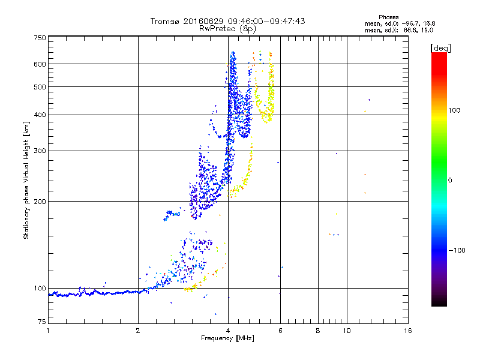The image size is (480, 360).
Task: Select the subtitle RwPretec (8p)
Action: click(227, 29)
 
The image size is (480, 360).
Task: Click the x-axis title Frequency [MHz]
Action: click(227, 338)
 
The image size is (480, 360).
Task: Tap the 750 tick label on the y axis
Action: click(40, 38)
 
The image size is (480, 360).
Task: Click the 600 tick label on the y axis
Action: click(40, 64)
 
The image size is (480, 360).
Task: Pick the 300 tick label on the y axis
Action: click(40, 151)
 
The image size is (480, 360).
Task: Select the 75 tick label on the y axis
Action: click(42, 322)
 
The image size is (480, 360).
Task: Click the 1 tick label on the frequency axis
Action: click(48, 331)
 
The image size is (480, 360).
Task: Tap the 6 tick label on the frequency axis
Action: click(280, 331)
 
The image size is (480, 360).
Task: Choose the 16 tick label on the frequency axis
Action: click(408, 331)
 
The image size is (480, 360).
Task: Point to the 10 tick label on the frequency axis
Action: click(347, 331)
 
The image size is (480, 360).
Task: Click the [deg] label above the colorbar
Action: click(440, 48)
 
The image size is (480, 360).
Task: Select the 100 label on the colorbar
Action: click(454, 110)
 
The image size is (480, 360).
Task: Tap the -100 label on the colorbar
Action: click(457, 250)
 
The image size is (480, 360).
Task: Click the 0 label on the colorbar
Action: click(450, 180)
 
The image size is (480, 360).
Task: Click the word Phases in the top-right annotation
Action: click(389, 17)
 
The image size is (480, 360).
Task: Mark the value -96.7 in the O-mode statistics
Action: click(411, 23)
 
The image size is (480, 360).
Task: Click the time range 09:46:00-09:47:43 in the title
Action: click(266, 21)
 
